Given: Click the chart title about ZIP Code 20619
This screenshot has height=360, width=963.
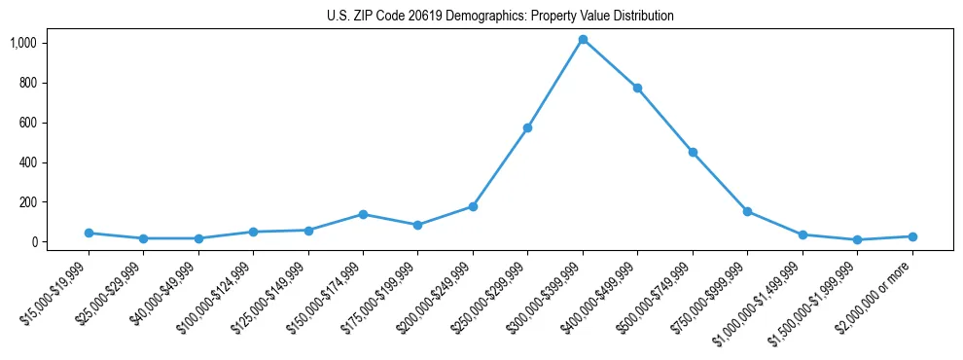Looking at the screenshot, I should coord(500,17).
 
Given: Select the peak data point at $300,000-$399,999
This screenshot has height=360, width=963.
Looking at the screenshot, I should coord(583,40).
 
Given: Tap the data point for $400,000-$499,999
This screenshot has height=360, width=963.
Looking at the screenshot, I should coord(637,88).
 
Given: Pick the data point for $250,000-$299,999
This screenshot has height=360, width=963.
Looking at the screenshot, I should coord(527,127).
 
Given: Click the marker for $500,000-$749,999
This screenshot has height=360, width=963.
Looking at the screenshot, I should coord(693,152).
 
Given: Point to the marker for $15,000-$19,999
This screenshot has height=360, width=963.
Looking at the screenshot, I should coord(89,233).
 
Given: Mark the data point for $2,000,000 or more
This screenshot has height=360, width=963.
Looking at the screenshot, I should coord(912,236).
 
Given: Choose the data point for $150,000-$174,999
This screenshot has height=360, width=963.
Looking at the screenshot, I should coord(363,214).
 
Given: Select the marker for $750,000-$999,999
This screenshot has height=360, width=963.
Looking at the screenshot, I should coord(747,211).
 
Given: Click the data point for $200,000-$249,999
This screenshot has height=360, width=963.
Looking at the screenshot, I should coord(473,206).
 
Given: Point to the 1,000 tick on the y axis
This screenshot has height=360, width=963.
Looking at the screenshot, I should coord(23,43).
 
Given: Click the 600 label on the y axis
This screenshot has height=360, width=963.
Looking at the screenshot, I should coord(27,123).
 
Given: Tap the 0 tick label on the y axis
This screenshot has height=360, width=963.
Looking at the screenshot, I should coord(34,242).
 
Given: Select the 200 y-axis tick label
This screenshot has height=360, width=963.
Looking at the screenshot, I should coord(27,202).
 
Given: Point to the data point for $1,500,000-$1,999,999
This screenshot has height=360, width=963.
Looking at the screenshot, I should coord(857,239).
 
